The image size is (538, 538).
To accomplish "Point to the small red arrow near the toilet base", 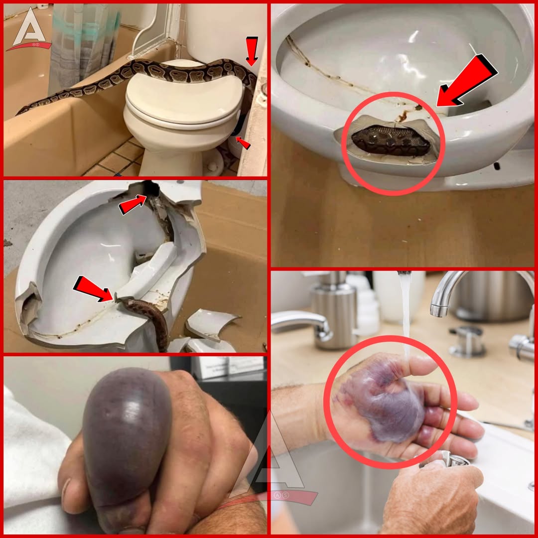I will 243,143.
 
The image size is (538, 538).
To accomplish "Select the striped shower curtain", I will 82,45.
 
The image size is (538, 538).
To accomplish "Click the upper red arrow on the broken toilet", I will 134,204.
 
